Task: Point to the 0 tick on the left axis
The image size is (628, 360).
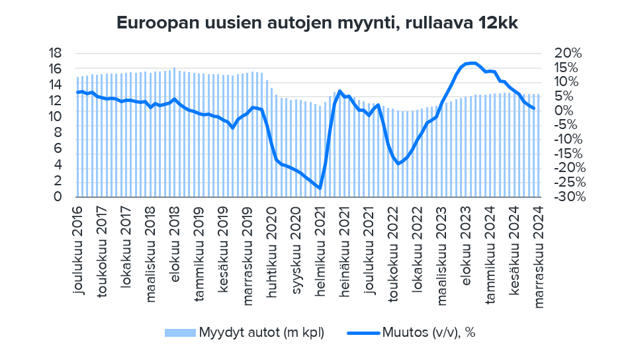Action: (x=58, y=197)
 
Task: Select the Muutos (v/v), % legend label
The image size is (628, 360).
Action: (x=428, y=332)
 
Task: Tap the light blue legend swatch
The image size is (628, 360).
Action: (x=180, y=332)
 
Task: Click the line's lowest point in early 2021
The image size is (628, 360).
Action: (x=320, y=189)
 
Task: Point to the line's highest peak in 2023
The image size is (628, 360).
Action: (x=472, y=63)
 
